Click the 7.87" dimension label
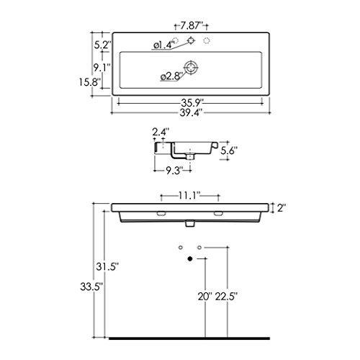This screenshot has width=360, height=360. pyautogui.click(x=192, y=25)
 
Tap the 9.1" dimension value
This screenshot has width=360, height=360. pyautogui.click(x=102, y=68)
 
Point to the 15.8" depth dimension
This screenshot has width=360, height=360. pyautogui.click(x=89, y=82)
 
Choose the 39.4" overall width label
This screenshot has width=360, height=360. pyautogui.click(x=192, y=112)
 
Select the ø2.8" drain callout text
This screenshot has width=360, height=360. pyautogui.click(x=172, y=76)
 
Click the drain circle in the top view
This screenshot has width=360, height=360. pyautogui.click(x=191, y=68)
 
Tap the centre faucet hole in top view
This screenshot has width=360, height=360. pyautogui.click(x=191, y=40)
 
